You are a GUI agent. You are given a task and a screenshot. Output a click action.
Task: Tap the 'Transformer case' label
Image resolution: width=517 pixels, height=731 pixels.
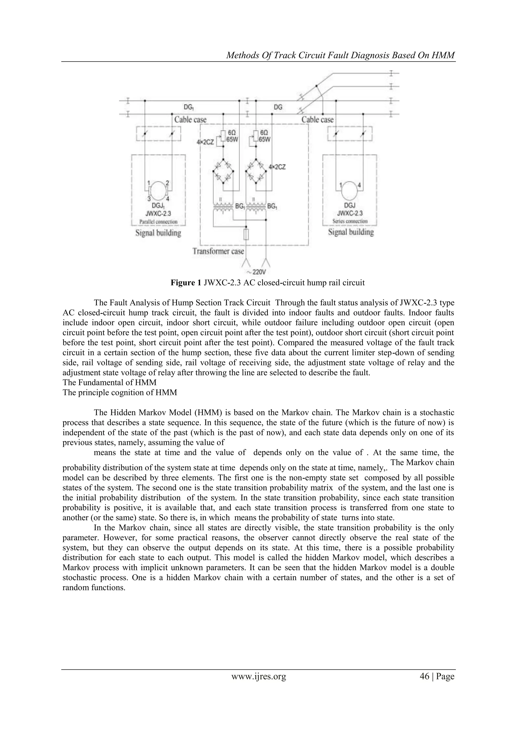tap(218, 251)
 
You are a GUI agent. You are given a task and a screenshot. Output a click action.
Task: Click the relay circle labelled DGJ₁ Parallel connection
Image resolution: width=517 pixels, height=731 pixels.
tap(158, 189)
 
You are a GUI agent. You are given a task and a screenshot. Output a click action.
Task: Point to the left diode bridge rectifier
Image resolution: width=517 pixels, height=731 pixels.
tap(223, 172)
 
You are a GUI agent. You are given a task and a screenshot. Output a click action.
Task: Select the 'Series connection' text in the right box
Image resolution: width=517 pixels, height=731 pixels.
tap(350, 221)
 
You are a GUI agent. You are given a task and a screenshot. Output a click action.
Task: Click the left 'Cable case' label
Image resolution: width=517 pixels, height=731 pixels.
tap(190, 120)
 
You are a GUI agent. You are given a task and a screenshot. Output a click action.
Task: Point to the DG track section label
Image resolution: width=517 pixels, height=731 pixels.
tap(278, 107)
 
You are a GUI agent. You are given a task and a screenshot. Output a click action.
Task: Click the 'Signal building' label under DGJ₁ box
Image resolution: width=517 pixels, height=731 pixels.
tap(158, 233)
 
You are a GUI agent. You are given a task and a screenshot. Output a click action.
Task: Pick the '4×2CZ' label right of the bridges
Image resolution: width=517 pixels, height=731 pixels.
tap(277, 167)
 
